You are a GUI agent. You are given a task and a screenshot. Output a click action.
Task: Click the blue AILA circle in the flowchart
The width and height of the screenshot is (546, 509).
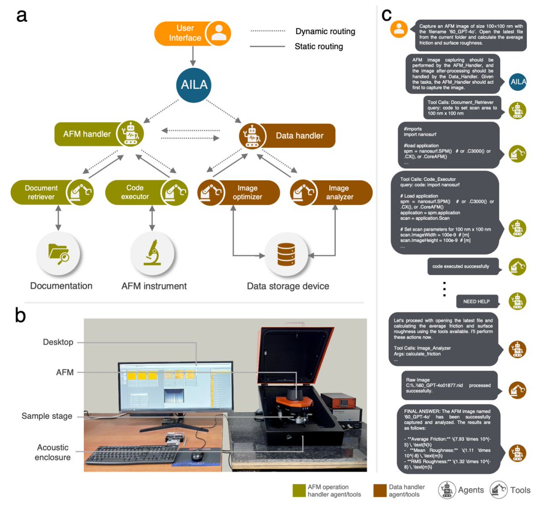[x=194, y=85]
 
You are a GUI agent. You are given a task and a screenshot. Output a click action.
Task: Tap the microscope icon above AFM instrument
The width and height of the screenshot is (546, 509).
[x=152, y=253]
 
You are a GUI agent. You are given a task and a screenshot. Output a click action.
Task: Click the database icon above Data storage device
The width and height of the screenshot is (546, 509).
[x=286, y=254]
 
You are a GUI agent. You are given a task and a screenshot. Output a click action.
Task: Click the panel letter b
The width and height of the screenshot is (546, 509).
[x=20, y=315]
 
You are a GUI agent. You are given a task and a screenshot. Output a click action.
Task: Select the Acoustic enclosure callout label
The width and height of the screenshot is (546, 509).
[x=53, y=452]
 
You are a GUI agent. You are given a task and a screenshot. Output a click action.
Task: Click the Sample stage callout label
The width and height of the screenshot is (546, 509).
[x=47, y=416]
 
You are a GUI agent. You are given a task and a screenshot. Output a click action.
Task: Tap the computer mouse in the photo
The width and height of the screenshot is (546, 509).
[x=197, y=456]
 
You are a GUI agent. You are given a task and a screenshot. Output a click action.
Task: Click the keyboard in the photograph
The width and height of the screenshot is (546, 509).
[x=132, y=455]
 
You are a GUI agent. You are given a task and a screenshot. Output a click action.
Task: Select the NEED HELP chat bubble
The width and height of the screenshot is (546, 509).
[x=476, y=301]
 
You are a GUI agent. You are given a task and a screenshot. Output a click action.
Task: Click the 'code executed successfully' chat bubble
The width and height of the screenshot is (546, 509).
[x=461, y=267]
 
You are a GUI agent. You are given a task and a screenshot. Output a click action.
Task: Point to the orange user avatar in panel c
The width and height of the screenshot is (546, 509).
[x=399, y=29]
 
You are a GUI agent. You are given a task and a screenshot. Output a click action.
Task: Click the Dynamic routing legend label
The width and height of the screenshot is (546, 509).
[x=325, y=31]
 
